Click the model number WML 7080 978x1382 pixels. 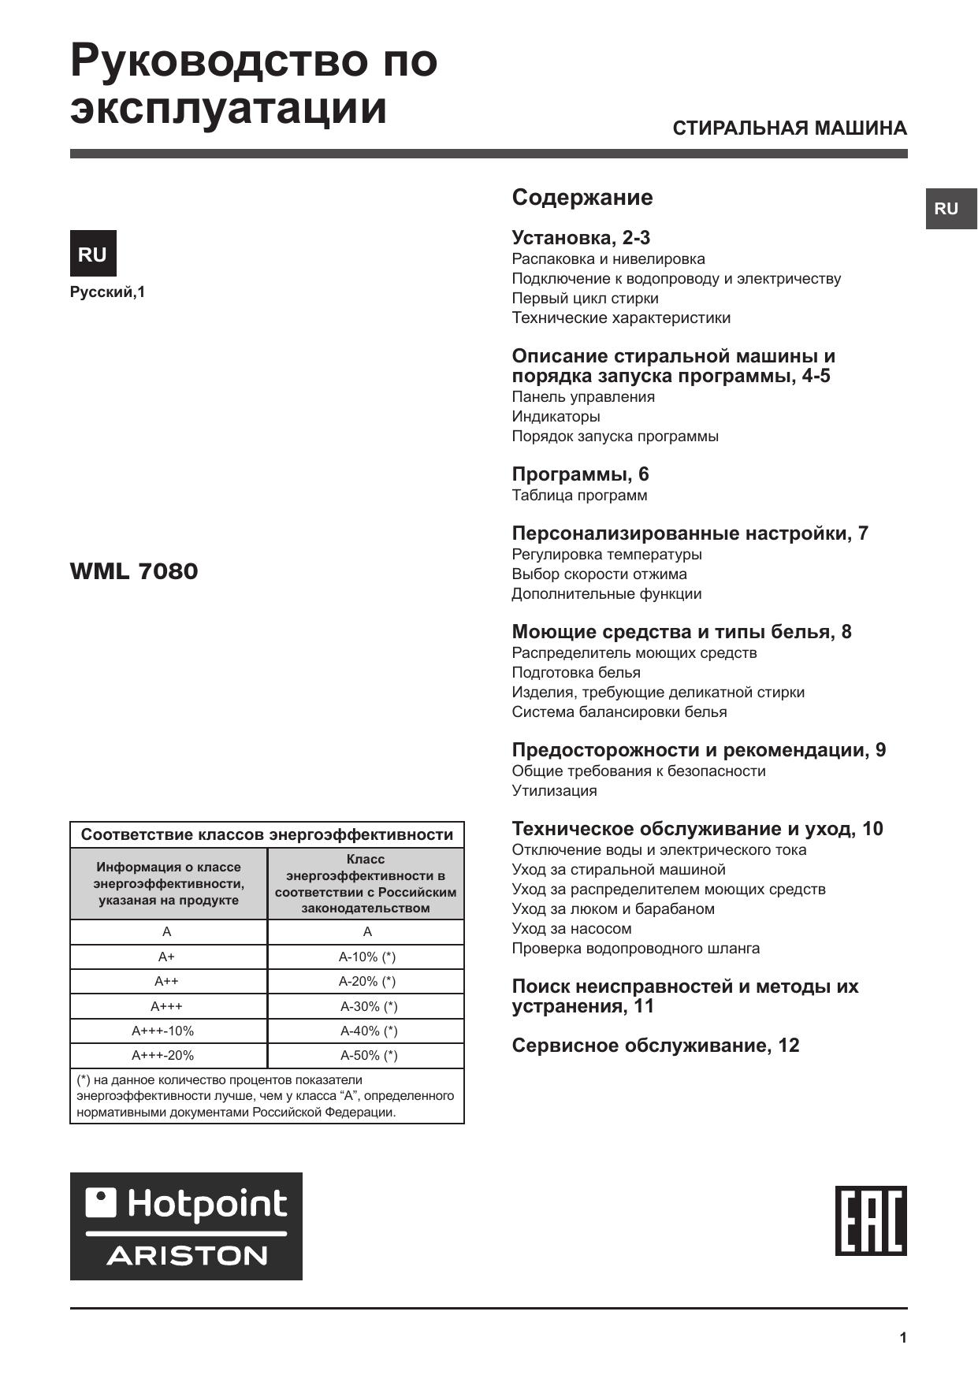point(134,571)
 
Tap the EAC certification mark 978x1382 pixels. point(871,1220)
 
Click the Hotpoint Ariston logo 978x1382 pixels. point(186,1226)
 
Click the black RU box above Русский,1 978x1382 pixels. point(93,254)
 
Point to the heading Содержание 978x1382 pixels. point(582,197)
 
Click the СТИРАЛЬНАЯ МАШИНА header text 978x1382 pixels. point(790,128)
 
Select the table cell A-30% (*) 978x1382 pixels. point(368,1006)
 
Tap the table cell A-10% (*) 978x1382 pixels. point(367,957)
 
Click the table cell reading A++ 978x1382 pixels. point(166,981)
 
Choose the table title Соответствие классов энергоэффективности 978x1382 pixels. point(267,834)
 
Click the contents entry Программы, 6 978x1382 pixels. point(580,474)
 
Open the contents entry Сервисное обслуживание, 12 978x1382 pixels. point(656,1046)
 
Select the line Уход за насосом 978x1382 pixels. point(571,929)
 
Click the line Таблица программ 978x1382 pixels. point(579,496)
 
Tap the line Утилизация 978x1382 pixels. point(554,791)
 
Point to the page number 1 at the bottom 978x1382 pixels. point(903,1338)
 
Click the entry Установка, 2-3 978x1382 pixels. point(581,238)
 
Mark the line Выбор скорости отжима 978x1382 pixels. point(599,574)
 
